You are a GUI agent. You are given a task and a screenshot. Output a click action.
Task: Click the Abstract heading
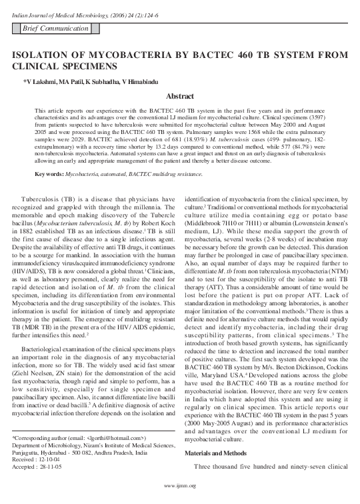[x=179, y=96]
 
